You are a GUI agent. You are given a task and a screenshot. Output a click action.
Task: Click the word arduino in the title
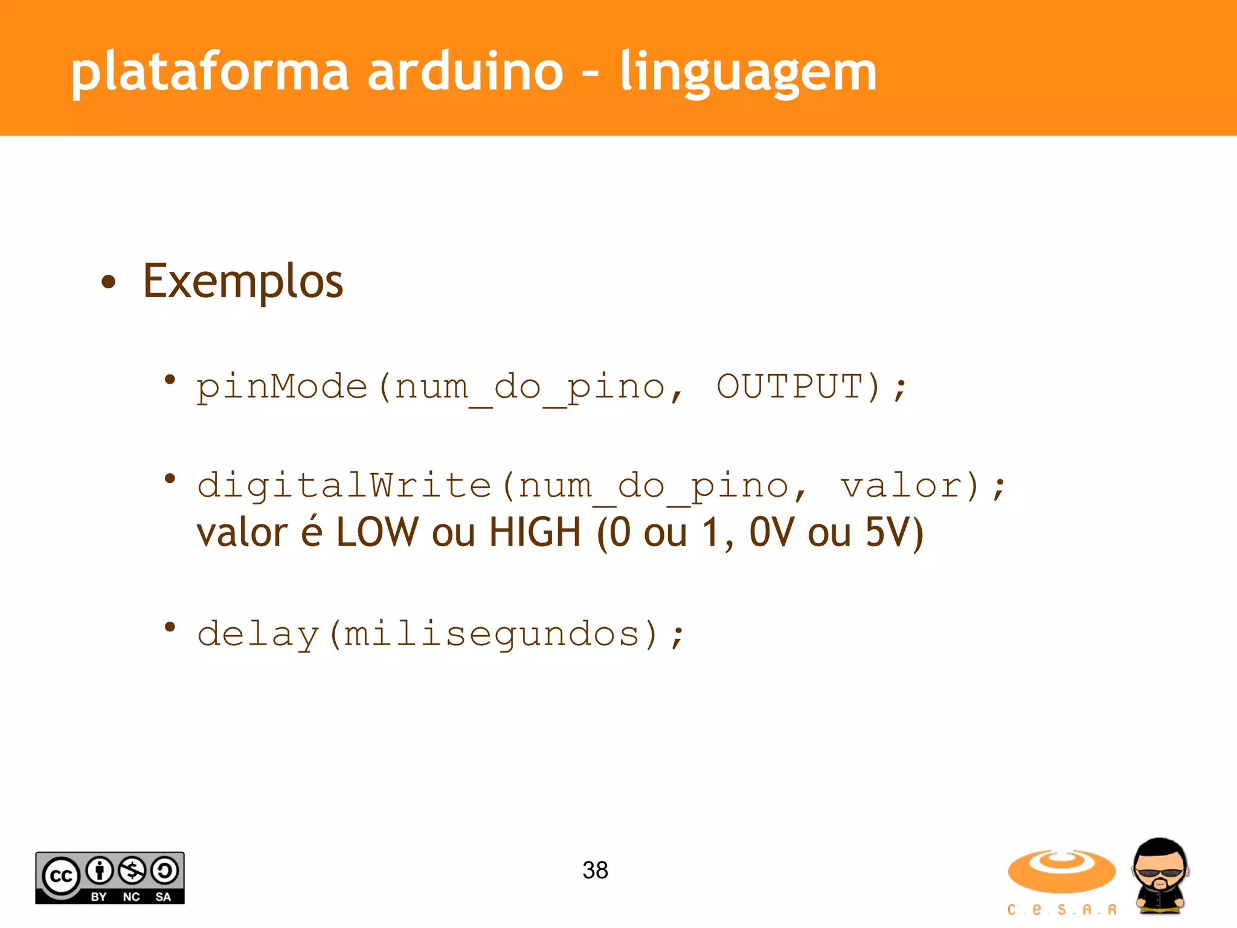click(465, 72)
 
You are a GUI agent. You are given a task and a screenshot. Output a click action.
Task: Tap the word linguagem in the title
click(748, 72)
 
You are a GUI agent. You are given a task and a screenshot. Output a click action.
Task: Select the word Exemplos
click(243, 282)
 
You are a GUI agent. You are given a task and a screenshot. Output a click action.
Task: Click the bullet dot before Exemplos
click(109, 282)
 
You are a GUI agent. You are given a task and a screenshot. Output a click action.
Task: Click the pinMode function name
click(282, 387)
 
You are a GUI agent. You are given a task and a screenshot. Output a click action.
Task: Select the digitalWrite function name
click(344, 485)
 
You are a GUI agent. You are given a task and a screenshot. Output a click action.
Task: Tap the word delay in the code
click(258, 634)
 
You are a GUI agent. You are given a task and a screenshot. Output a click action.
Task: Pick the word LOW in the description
click(377, 532)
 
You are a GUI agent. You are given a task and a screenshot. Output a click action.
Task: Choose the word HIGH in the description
click(535, 532)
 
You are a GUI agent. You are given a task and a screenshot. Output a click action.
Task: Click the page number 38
click(595, 870)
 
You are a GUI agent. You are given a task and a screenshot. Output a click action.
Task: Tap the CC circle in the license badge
click(60, 875)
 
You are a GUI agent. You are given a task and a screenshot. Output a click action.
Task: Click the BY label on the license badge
click(98, 897)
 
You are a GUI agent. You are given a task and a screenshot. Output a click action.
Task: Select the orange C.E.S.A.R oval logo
click(1061, 871)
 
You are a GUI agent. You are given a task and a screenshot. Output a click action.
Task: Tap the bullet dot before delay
click(170, 627)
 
